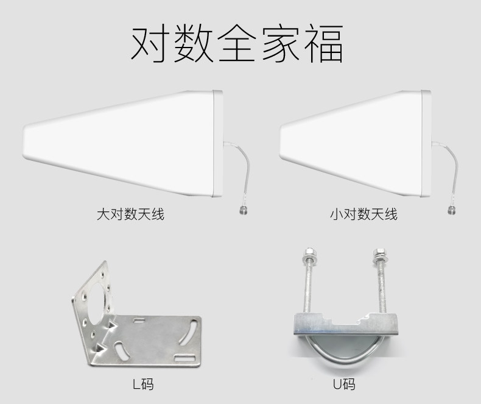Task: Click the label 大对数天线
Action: (x=131, y=214)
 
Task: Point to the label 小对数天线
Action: (x=363, y=214)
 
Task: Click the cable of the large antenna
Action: (x=233, y=171)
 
